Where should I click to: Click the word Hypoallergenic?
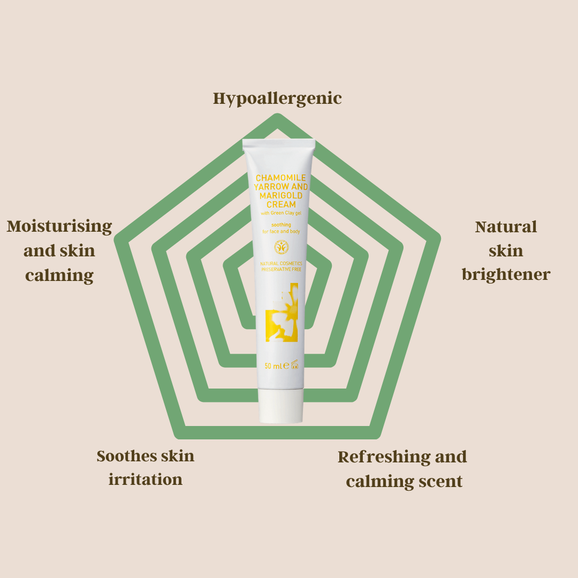tap(277, 98)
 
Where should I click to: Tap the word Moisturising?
tap(59, 226)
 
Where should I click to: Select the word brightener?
tap(506, 275)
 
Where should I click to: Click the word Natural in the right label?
tap(506, 226)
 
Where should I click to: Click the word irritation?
tap(145, 480)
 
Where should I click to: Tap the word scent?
tap(440, 481)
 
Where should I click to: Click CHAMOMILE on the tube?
tap(280, 178)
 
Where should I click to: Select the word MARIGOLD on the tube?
tap(281, 195)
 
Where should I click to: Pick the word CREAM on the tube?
tap(281, 204)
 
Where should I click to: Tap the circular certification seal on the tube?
tap(281, 247)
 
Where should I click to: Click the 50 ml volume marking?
tap(273, 367)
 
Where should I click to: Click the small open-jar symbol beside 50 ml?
tap(294, 366)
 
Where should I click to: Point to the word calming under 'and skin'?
tap(59, 275)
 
